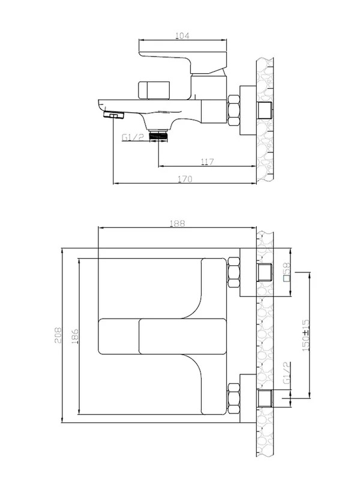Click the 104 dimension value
[x=182, y=35]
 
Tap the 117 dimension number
[x=207, y=161]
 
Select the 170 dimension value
[x=185, y=179]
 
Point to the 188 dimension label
[x=177, y=223]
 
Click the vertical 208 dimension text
[x=58, y=335]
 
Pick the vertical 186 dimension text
[x=74, y=336]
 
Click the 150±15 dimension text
[x=306, y=335]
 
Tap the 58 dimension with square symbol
[x=287, y=272]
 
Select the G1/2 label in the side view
[x=133, y=137]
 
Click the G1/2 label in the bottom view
[x=286, y=373]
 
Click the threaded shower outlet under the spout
[x=158, y=135]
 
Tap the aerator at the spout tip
[x=114, y=115]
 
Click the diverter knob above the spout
[x=154, y=91]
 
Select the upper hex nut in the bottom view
[x=233, y=272]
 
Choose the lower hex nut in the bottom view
[x=233, y=398]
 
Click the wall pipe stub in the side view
[x=265, y=110]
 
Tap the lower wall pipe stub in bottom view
[x=265, y=398]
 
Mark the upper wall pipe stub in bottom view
[x=265, y=272]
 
